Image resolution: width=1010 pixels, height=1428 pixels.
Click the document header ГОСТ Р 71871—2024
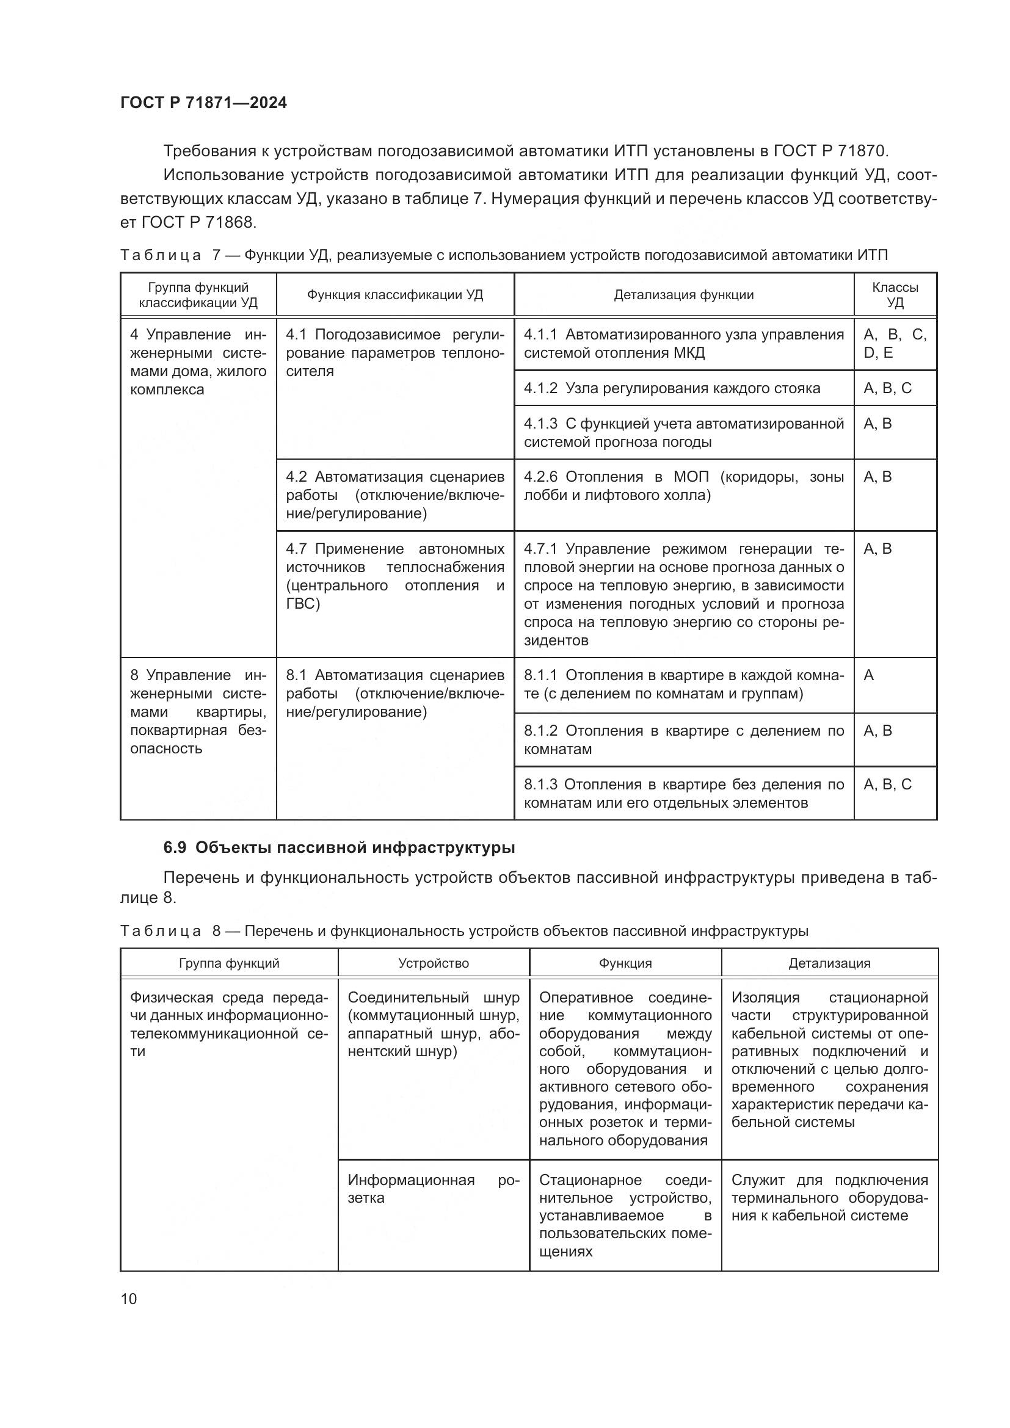tap(203, 103)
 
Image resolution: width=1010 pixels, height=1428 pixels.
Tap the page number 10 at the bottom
tap(129, 1299)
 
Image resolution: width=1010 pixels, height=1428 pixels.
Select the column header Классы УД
tap(895, 295)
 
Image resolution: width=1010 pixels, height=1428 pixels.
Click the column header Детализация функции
tap(683, 295)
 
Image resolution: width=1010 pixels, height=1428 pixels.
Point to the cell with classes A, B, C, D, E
tap(895, 344)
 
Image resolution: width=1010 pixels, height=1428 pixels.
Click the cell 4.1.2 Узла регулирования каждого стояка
tap(672, 389)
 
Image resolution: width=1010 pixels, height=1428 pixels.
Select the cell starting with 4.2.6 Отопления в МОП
tap(683, 487)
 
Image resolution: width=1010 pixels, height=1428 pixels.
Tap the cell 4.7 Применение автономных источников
tap(395, 576)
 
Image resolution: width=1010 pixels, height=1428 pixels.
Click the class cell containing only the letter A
tap(870, 675)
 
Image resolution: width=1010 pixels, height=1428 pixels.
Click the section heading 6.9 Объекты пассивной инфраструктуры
tap(339, 848)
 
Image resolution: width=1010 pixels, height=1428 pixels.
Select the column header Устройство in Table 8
tap(434, 963)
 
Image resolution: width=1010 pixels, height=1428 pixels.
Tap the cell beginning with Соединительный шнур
tap(434, 1024)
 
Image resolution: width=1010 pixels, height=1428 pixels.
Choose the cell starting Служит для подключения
tap(829, 1198)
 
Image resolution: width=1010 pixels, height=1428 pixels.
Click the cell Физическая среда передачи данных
tap(229, 1024)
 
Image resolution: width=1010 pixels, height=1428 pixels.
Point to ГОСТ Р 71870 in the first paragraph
tap(830, 151)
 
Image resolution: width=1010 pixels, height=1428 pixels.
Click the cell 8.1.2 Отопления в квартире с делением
tap(683, 739)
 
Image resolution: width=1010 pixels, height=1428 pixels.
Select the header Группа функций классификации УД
tap(198, 295)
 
